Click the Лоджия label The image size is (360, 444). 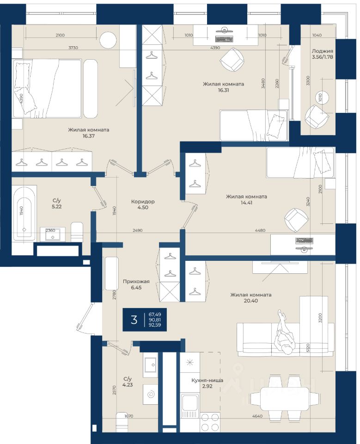point(323,51)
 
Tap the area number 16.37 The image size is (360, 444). point(89,136)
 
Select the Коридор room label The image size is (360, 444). point(143,202)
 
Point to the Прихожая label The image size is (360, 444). point(136,282)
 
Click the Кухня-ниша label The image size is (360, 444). point(207,380)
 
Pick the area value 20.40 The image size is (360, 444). point(251,301)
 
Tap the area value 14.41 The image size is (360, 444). point(246,203)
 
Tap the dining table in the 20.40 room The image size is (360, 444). point(284,398)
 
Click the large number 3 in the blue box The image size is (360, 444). point(134,320)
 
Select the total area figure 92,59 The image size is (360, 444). point(155,325)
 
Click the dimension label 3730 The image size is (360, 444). point(73,48)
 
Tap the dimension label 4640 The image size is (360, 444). point(257,416)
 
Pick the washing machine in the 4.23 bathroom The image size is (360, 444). point(150,395)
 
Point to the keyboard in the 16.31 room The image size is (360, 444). point(224,39)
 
